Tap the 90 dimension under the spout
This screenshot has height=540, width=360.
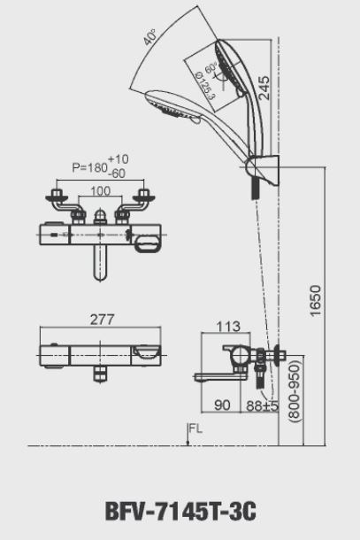coord(221,405)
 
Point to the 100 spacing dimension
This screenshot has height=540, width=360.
coord(100,190)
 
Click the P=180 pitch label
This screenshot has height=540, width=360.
coord(87,166)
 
